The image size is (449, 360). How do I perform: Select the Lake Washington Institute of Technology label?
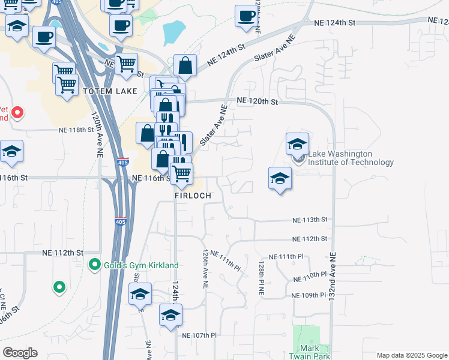click(351, 158)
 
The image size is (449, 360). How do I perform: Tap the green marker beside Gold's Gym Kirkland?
click(94, 264)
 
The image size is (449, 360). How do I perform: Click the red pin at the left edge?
click(18, 112)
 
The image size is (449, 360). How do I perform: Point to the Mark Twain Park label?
click(313, 352)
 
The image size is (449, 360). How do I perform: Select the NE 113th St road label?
click(309, 220)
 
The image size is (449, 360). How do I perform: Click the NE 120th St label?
click(258, 101)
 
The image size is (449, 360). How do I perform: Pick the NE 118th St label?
click(77, 130)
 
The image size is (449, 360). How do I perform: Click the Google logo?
click(20, 353)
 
